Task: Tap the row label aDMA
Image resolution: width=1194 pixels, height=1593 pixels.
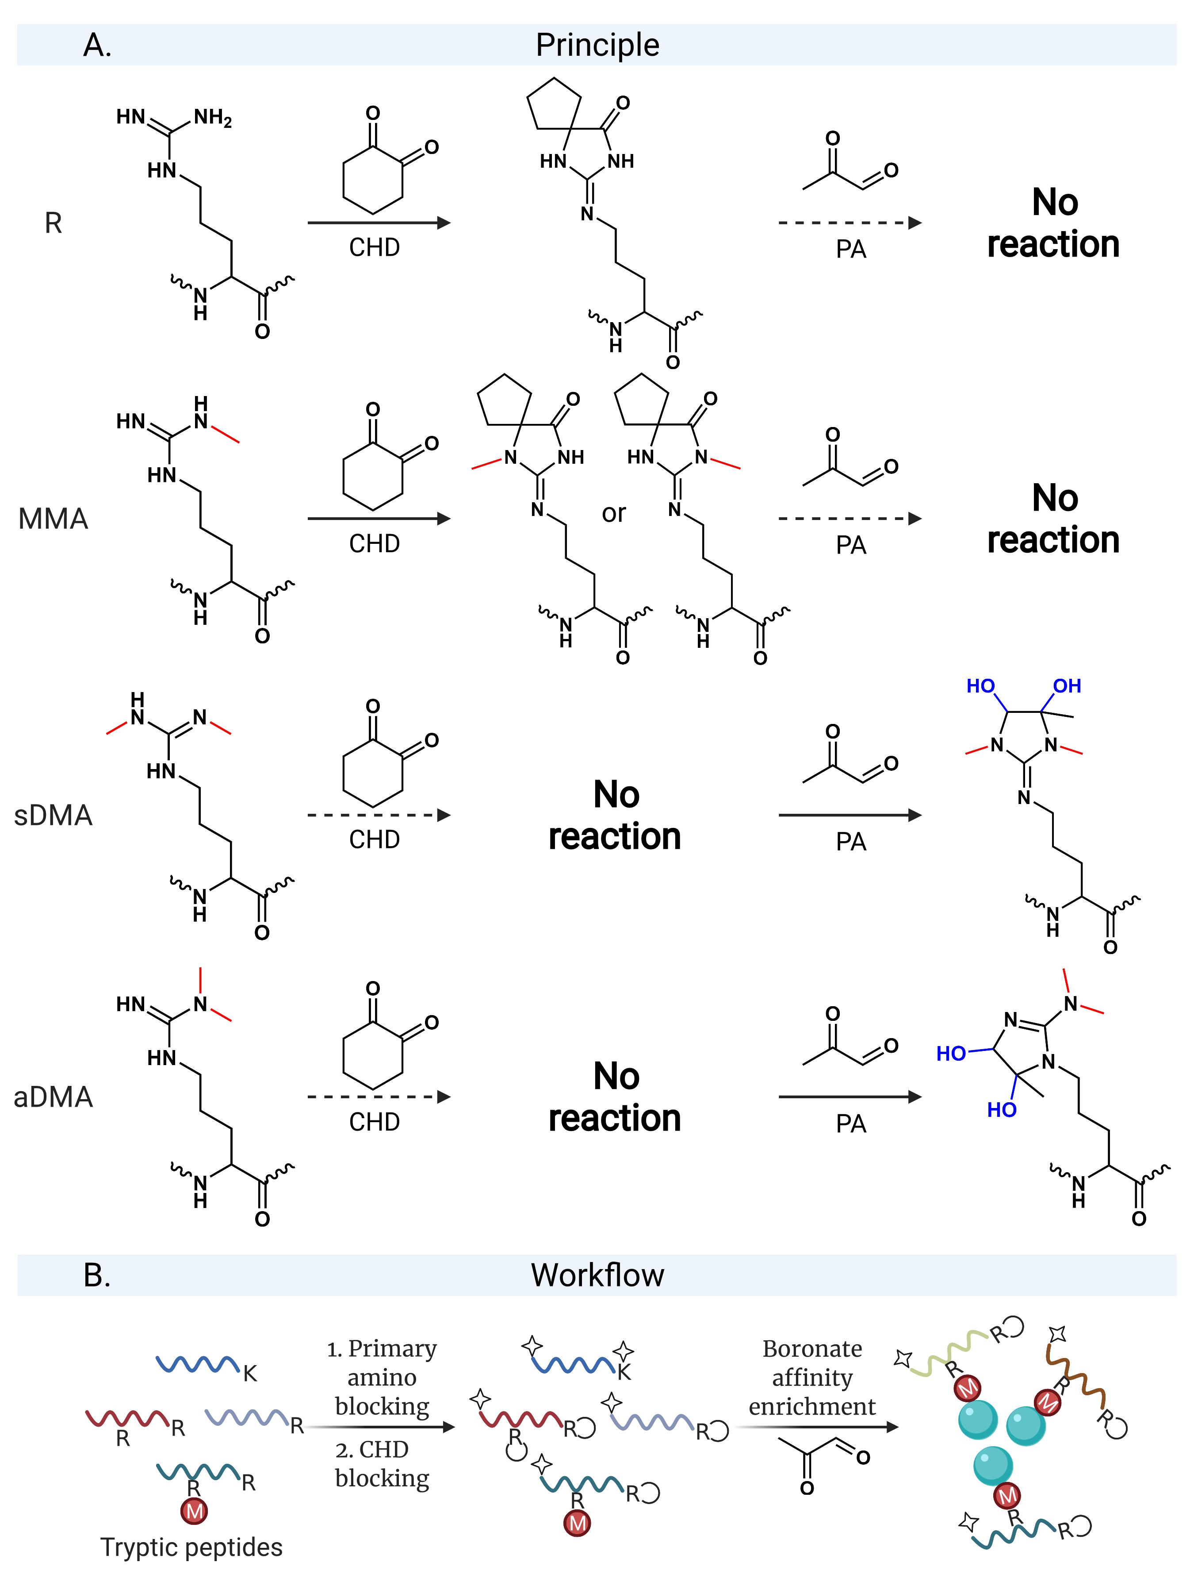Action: tap(53, 1097)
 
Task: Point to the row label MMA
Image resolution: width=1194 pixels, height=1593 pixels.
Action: tap(53, 519)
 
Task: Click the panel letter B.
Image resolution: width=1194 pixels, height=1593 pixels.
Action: tap(97, 1275)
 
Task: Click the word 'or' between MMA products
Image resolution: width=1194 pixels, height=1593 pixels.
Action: tap(614, 513)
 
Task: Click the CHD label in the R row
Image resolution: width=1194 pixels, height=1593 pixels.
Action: tap(374, 247)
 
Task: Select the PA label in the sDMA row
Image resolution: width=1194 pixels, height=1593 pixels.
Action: tap(851, 841)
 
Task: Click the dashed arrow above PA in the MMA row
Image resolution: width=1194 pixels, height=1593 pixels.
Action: tap(849, 519)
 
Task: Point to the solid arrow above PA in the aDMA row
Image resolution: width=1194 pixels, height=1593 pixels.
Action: tap(849, 1097)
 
